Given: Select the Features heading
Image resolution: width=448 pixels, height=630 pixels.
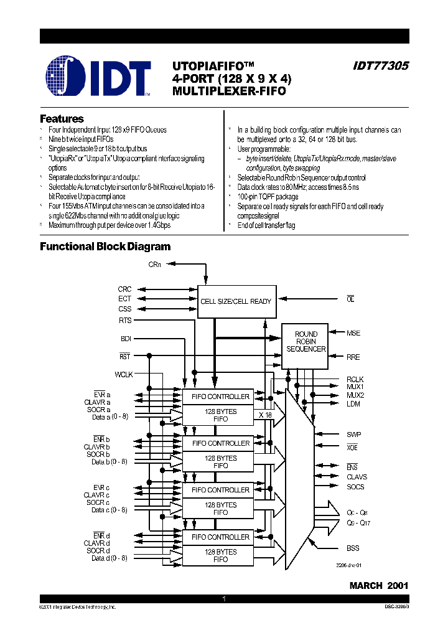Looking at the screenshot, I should click(x=62, y=118).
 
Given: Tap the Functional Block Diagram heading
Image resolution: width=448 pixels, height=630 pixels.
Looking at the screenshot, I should click(x=105, y=247).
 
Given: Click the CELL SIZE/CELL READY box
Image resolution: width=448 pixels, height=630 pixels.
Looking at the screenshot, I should click(x=236, y=301).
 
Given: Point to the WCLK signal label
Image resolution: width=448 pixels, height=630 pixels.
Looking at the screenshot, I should click(x=123, y=375).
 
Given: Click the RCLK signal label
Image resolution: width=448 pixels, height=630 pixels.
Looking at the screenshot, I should click(x=355, y=379).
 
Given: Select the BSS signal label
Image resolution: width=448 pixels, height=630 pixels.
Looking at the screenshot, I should click(x=353, y=548).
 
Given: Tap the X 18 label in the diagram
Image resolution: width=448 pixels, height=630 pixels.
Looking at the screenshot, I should click(x=265, y=414).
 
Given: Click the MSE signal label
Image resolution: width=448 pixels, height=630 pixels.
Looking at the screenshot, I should click(x=353, y=333).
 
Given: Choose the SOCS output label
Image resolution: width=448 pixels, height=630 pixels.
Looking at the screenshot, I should click(x=355, y=487).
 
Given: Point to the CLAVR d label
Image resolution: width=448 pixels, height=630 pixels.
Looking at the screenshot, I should click(x=97, y=543).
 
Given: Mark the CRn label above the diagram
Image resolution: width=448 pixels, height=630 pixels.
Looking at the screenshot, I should click(x=154, y=265).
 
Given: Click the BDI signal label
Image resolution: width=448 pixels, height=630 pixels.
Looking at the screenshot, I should click(x=126, y=338).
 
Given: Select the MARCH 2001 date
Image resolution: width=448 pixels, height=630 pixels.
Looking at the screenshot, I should click(x=379, y=586).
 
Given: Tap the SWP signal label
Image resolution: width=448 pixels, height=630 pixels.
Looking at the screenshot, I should click(x=353, y=434).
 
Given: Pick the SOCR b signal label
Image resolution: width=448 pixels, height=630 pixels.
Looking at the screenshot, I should click(x=98, y=454).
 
